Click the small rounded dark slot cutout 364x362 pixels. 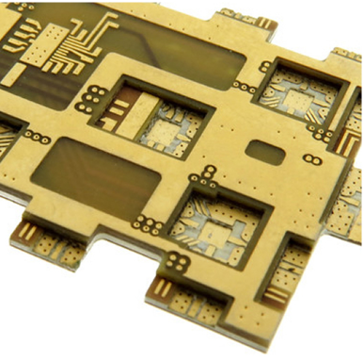(265, 152)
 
